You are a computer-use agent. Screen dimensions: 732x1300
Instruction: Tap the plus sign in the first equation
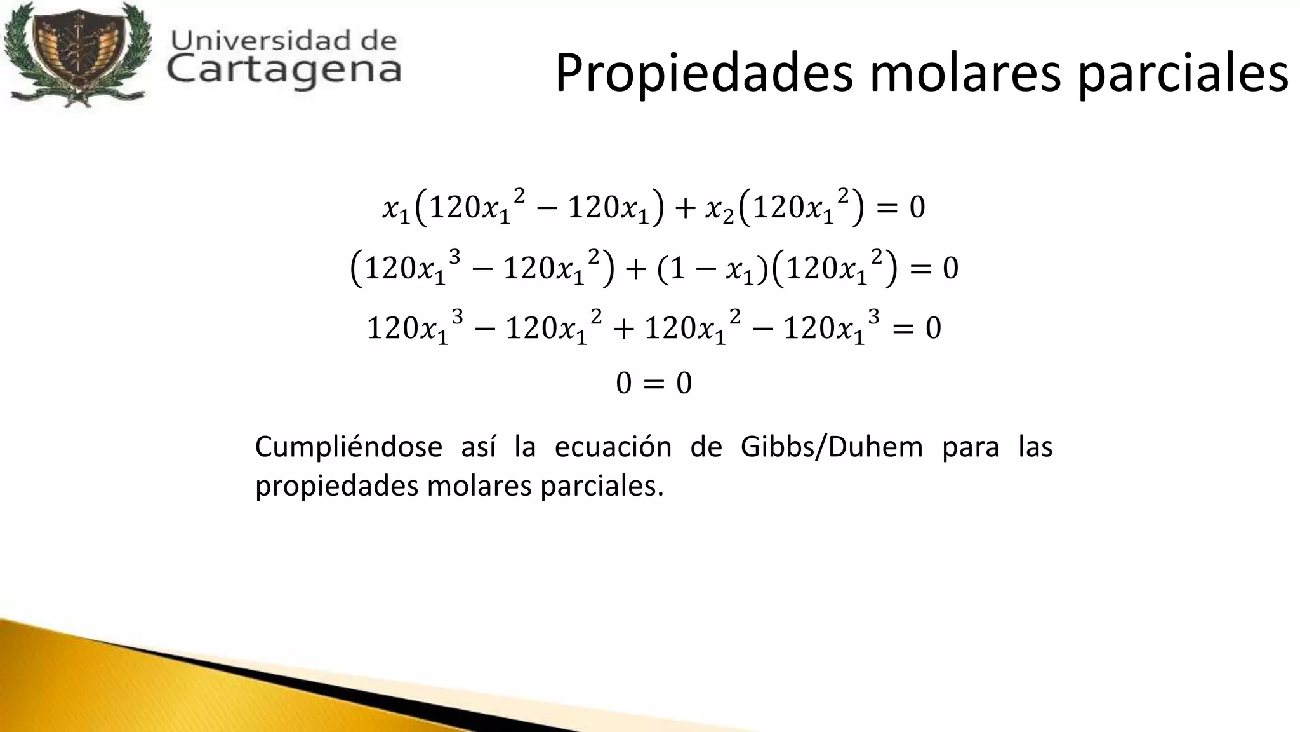pyautogui.click(x=685, y=208)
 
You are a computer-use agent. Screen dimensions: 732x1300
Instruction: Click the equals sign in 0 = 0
pyautogui.click(x=654, y=384)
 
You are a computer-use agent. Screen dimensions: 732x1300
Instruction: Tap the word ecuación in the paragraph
pyautogui.click(x=613, y=447)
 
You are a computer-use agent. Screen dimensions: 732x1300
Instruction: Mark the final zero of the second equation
pyautogui.click(x=950, y=269)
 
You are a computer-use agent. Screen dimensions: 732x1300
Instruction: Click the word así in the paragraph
pyautogui.click(x=478, y=447)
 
